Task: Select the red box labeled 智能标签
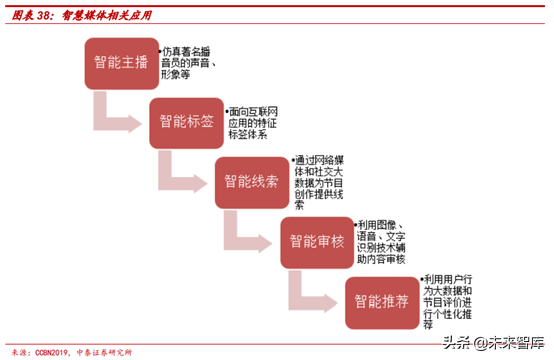coord(186,122)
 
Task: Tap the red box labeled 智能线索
coord(251,181)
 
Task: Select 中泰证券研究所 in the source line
coord(108,351)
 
